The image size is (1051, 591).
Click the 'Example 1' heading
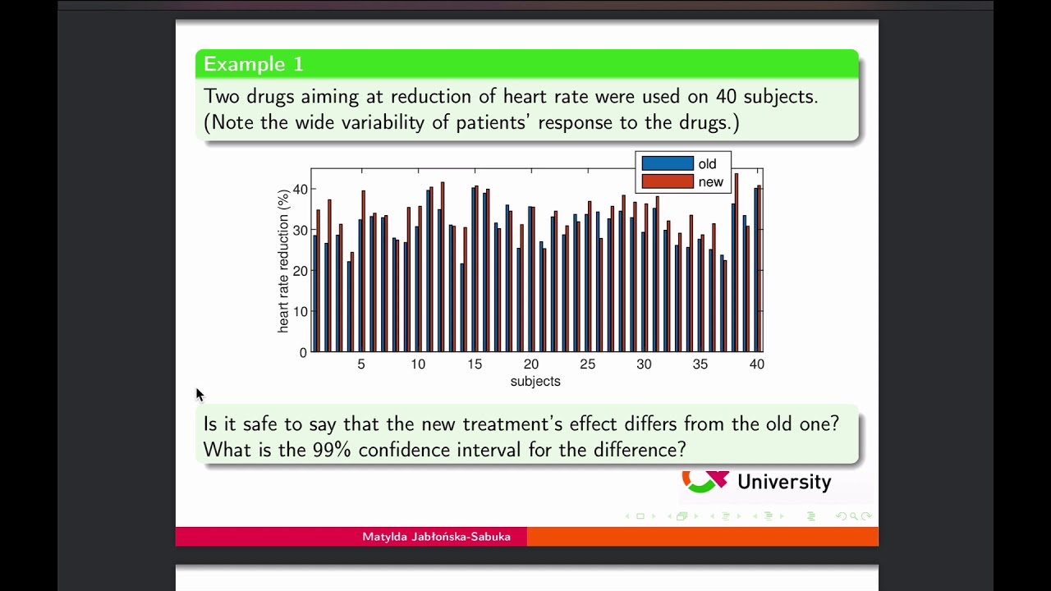tap(253, 64)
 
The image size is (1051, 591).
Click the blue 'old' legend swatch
tap(667, 163)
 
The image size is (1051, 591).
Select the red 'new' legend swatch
tap(667, 181)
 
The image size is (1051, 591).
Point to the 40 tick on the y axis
tap(300, 190)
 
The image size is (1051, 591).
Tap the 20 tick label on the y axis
tap(300, 271)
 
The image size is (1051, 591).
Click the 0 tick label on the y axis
tap(303, 353)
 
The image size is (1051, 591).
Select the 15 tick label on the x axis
tap(475, 364)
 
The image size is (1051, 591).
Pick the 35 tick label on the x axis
tap(700, 364)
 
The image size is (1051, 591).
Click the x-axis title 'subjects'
tap(535, 382)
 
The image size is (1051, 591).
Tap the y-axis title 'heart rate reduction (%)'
tap(283, 261)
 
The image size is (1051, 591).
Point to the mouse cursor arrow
tap(200, 395)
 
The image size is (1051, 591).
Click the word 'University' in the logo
tap(783, 482)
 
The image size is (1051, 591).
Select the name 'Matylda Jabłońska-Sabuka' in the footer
tap(436, 537)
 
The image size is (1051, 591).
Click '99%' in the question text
tap(332, 450)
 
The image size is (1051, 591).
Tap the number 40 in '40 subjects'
tap(726, 96)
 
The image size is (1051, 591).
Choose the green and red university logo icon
tap(704, 481)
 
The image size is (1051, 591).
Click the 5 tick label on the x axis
tap(361, 364)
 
